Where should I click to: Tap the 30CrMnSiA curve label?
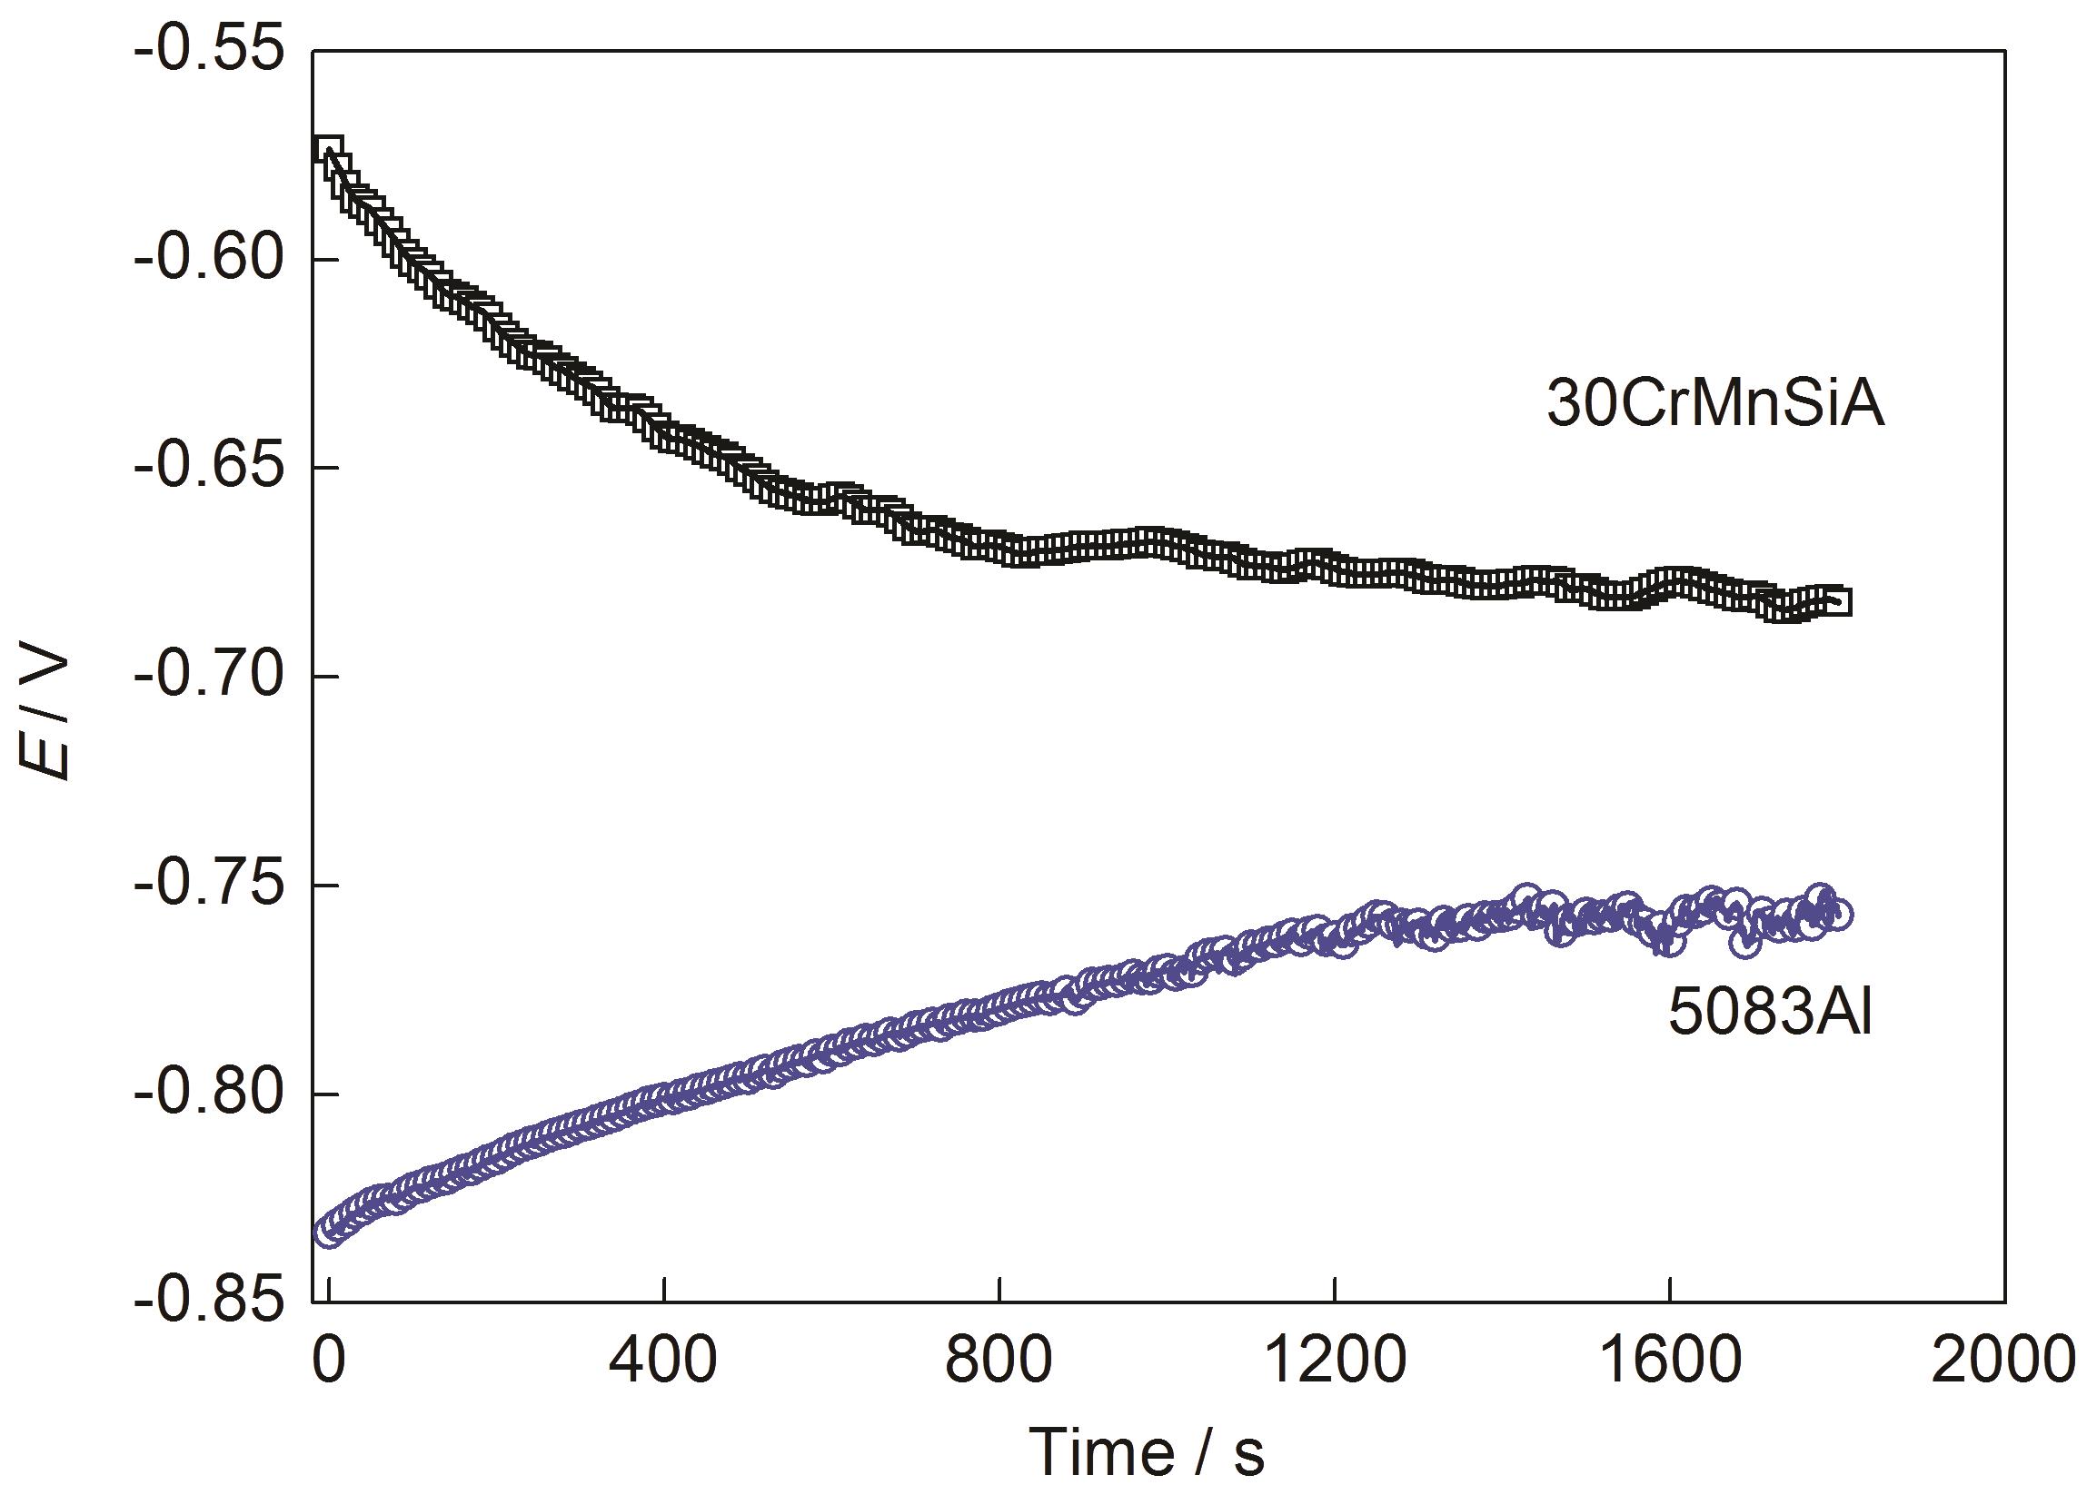(1715, 406)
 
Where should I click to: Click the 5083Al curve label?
(1770, 1017)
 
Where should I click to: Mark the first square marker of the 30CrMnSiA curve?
(329, 149)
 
